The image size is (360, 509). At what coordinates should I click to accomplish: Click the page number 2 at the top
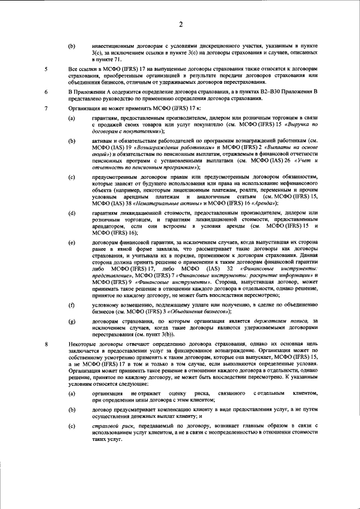click(181, 24)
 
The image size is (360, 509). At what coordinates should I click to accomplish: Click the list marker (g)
click(71, 321)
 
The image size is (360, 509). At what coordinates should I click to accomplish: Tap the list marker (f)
click(71, 305)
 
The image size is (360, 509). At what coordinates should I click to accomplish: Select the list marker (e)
click(71, 243)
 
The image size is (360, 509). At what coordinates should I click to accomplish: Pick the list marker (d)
click(71, 213)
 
